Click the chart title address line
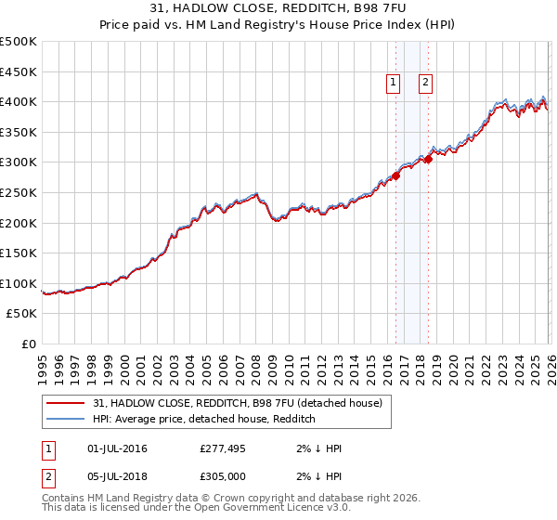pos(278,8)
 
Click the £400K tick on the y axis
pos(19,101)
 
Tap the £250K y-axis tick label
pos(19,192)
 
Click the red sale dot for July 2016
pos(395,175)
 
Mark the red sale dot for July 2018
pos(428,159)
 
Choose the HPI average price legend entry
pos(204,419)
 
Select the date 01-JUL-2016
pos(116,449)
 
